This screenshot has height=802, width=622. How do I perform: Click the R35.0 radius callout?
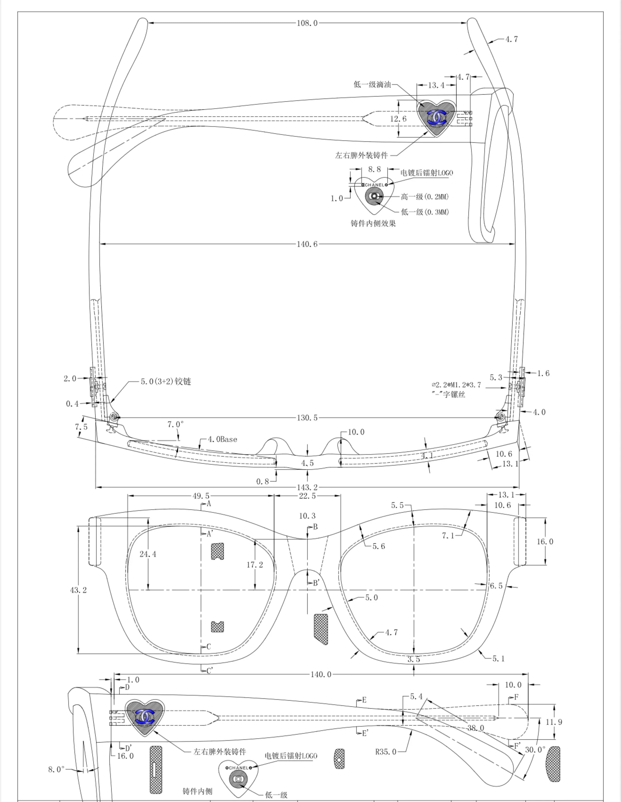(x=386, y=752)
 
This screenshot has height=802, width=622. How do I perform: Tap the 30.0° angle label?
(x=535, y=750)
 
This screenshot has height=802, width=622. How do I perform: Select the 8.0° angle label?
(x=56, y=769)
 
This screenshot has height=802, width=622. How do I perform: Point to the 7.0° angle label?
(x=175, y=424)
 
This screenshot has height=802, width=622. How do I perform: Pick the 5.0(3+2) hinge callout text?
(x=166, y=381)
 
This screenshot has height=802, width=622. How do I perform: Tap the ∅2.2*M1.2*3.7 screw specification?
(x=456, y=385)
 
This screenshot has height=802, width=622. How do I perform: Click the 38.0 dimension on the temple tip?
(x=475, y=728)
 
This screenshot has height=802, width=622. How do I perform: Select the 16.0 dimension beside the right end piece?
(x=545, y=542)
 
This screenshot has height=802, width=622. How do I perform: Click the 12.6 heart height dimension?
(x=398, y=119)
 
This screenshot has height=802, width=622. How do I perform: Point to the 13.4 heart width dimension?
(x=436, y=85)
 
